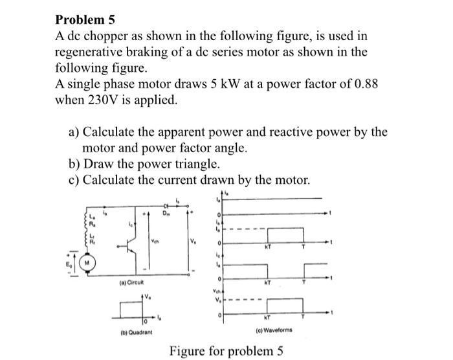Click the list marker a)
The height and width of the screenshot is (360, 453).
pos(75,132)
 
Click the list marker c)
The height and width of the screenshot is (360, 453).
pos(74,179)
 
